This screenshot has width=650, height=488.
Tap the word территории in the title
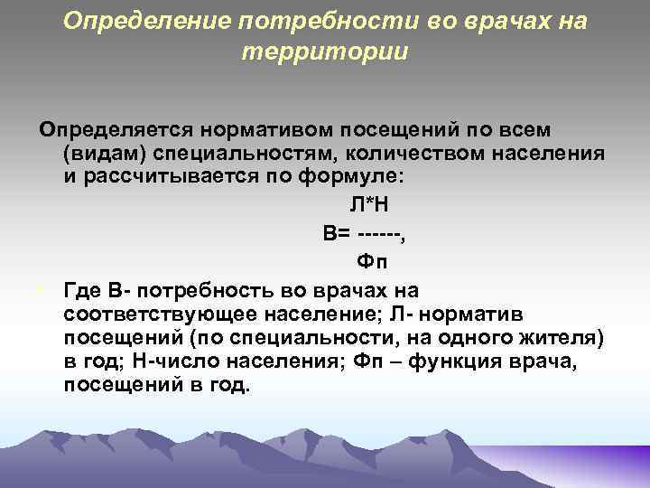326,52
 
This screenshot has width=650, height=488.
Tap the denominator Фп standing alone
371,262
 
